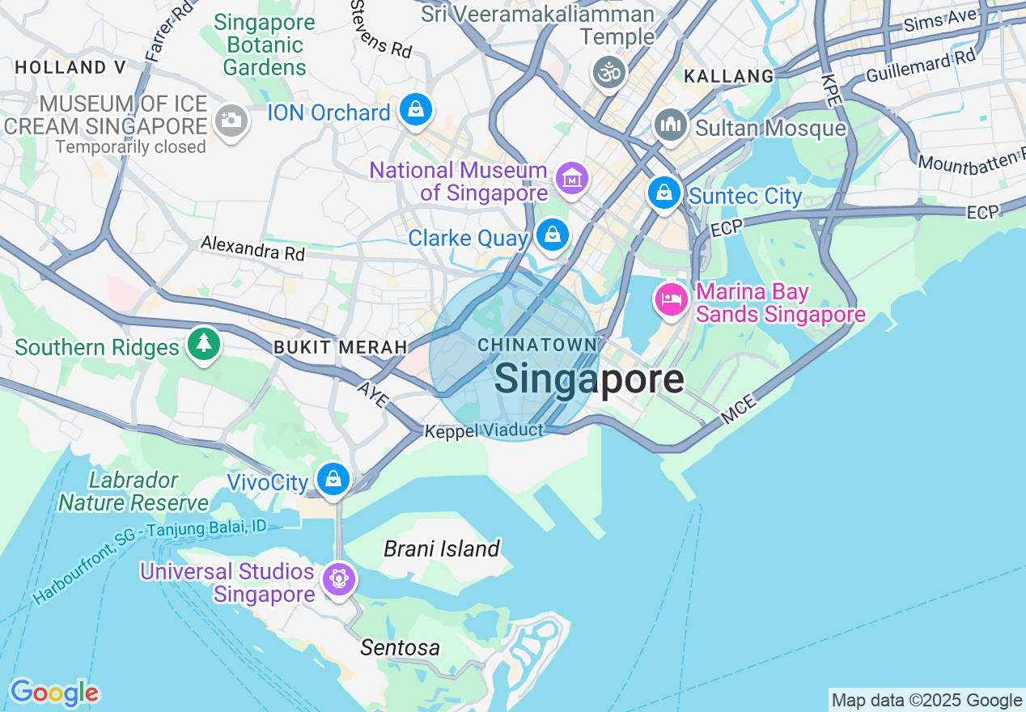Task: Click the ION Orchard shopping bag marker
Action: point(416,109)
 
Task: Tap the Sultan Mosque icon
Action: point(671,125)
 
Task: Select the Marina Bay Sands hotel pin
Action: point(671,299)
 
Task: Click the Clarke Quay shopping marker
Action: point(553,235)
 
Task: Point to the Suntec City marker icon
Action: point(664,193)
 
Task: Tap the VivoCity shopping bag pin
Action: point(333,478)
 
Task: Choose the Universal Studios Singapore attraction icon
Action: point(338,578)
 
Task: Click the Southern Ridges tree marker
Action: point(203,344)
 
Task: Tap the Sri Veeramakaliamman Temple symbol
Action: point(609,73)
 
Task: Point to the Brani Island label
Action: point(442,549)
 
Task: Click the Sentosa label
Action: point(401,647)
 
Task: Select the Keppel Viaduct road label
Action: point(484,431)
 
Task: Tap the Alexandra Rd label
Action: point(252,248)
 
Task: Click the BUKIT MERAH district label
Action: point(340,347)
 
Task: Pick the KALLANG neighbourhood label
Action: point(729,76)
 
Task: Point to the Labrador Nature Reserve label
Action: point(134,491)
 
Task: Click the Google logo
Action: point(54,693)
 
